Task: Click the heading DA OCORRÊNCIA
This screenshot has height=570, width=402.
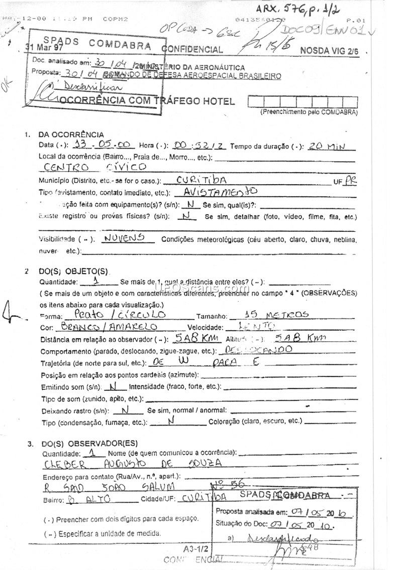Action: click(x=71, y=134)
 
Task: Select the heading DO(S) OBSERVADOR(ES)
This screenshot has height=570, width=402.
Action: click(x=88, y=444)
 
